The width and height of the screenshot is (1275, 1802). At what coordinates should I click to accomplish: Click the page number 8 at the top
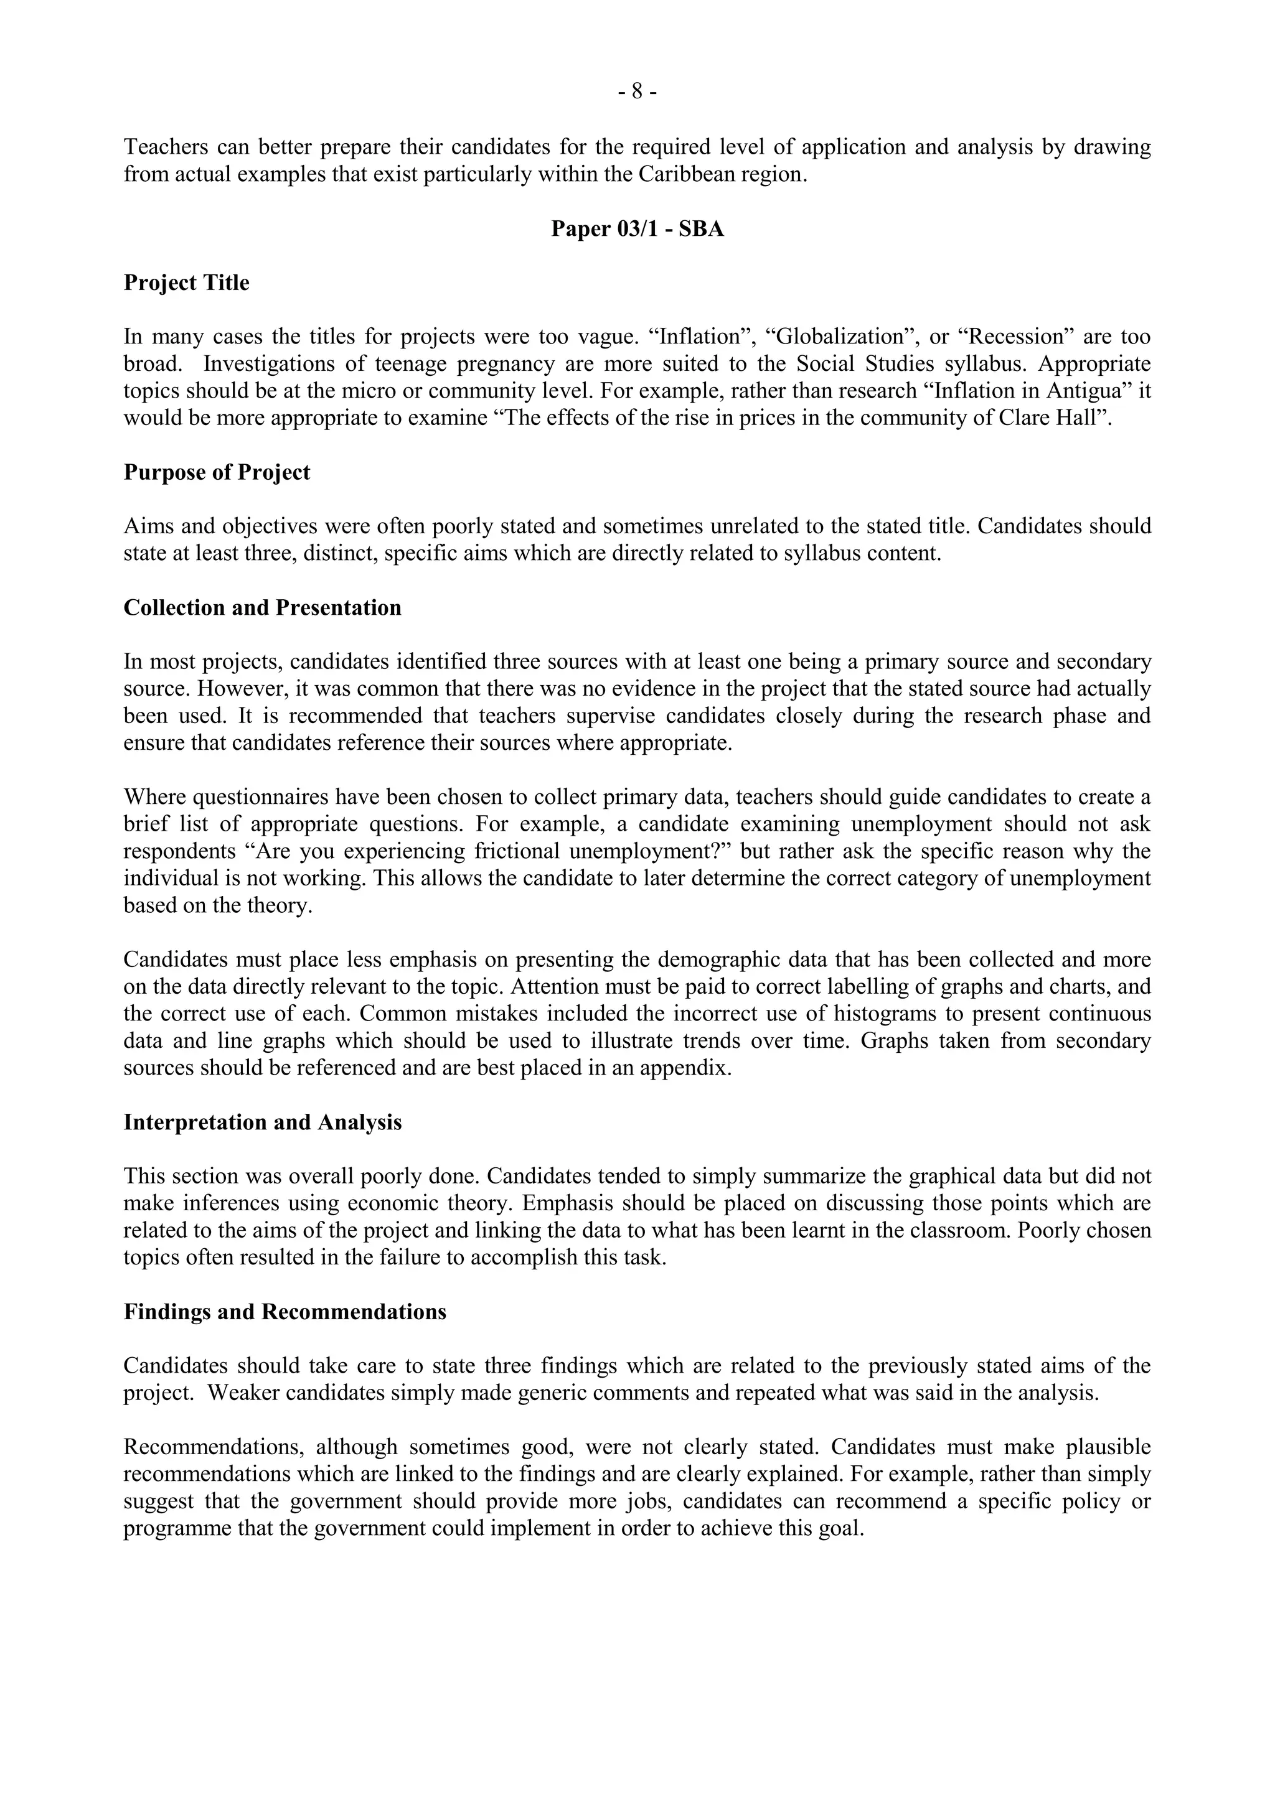click(637, 93)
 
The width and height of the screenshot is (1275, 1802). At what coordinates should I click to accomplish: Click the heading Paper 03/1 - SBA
click(637, 228)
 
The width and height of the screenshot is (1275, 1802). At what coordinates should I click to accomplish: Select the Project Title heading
click(186, 282)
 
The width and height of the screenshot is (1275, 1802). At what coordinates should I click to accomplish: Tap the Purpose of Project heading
click(217, 472)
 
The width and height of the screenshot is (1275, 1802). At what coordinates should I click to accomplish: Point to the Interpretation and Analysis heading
click(262, 1123)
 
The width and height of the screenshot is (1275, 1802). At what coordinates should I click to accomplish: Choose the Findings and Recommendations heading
click(285, 1312)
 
